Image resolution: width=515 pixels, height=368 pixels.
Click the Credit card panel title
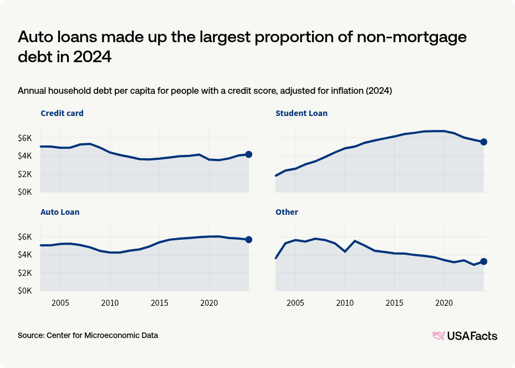[x=62, y=113]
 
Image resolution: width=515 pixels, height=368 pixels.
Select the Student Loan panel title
[x=301, y=113]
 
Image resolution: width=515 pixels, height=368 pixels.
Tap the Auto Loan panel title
[x=60, y=212]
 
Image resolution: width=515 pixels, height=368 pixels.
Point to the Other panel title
[x=287, y=212]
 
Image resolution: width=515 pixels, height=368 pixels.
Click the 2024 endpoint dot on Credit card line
[x=249, y=154]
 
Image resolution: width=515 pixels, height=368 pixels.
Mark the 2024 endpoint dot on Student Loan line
[x=483, y=142]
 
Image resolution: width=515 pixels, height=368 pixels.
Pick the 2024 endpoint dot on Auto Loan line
[x=249, y=240]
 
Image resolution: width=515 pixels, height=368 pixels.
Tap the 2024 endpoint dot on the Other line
[x=483, y=261]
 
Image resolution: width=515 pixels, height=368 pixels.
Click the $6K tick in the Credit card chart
[x=27, y=138]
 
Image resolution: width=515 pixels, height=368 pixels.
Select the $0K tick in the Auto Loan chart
[x=27, y=291]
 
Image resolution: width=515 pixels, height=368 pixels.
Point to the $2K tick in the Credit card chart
[x=27, y=174]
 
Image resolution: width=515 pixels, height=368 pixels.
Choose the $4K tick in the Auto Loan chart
[x=27, y=255]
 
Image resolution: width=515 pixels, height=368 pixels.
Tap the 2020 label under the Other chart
[x=443, y=304]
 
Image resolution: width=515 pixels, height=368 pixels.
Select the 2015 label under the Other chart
[x=394, y=304]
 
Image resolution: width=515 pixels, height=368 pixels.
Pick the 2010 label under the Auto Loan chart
[x=110, y=304]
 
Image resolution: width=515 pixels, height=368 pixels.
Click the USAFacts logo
[x=465, y=336]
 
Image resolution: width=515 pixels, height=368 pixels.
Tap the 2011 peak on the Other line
[x=355, y=241]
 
